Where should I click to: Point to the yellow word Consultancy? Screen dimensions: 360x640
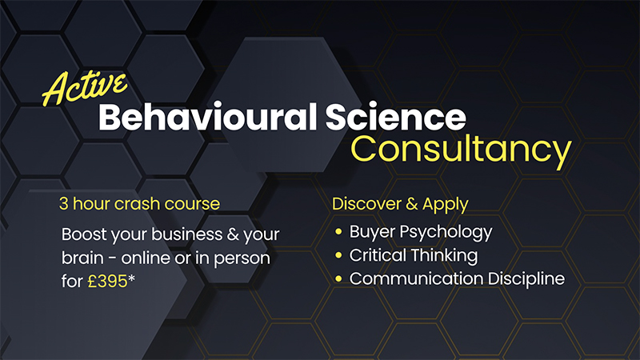pyautogui.click(x=463, y=150)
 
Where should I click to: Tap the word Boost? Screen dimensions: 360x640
pyautogui.click(x=86, y=234)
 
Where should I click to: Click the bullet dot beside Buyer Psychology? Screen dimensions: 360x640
pyautogui.click(x=339, y=233)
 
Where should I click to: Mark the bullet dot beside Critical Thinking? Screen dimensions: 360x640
pyautogui.click(x=339, y=256)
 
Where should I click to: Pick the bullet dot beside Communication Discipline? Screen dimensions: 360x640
pyautogui.click(x=339, y=279)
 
